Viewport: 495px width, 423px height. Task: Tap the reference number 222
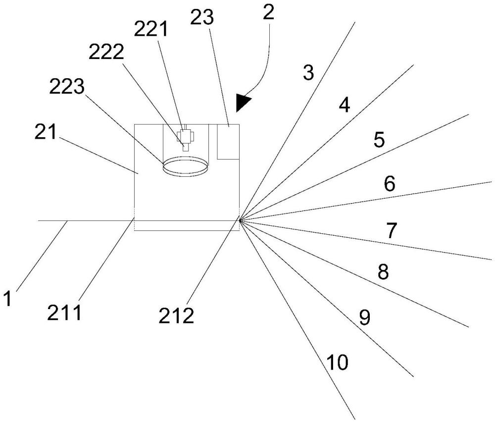point(106,53)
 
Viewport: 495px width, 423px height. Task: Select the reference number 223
point(67,87)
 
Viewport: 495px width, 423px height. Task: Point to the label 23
point(202,17)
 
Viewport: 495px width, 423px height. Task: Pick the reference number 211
point(64,312)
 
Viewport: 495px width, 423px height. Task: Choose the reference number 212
point(176,316)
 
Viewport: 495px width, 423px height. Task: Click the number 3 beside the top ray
point(308,72)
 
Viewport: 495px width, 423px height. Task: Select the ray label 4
point(345,105)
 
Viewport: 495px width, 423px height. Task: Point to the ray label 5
point(379,140)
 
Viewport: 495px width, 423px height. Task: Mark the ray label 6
point(390,184)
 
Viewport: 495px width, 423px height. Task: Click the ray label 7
point(392,230)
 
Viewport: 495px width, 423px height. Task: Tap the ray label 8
point(383,271)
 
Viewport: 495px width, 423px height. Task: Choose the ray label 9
point(365,317)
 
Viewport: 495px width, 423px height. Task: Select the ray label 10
point(337,362)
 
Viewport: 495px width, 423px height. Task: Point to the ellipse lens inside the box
point(185,166)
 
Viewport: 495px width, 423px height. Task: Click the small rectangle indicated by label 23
point(228,142)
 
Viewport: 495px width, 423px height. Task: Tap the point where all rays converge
point(240,220)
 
